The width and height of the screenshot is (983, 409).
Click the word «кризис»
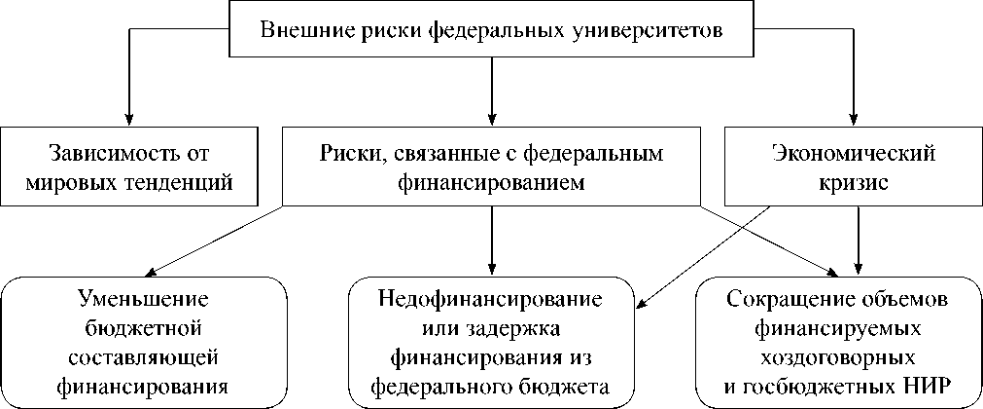coord(853,182)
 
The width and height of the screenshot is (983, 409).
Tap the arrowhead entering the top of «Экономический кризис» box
coord(855,116)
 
